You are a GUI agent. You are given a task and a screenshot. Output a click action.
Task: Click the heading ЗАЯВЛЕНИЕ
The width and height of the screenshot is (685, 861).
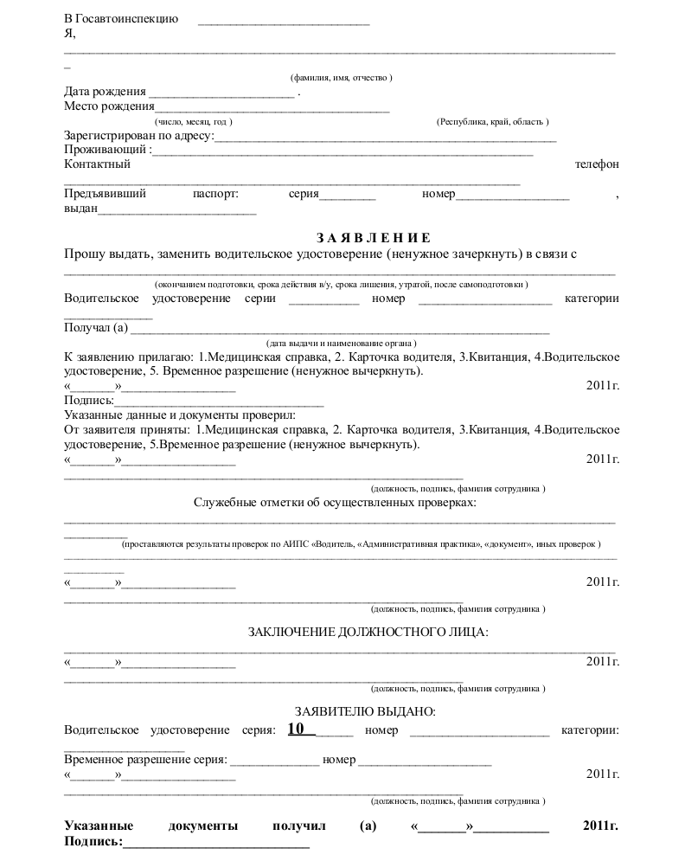coord(373,238)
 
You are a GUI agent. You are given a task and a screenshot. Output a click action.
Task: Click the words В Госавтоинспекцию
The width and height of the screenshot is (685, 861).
coord(121,18)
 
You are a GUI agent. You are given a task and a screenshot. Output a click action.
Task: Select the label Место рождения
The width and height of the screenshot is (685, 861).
coord(109,106)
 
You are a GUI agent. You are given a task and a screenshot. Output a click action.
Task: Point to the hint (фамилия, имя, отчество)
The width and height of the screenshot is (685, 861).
coord(342,78)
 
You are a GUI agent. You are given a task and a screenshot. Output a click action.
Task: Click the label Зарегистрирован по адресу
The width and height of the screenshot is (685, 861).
coord(138,136)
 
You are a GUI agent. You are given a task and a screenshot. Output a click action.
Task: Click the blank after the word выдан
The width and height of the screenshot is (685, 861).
coord(178,209)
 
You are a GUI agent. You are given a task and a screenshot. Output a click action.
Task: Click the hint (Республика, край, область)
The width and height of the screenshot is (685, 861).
coord(492,122)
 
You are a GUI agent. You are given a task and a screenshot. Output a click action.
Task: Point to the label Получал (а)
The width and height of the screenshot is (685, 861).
coord(96,327)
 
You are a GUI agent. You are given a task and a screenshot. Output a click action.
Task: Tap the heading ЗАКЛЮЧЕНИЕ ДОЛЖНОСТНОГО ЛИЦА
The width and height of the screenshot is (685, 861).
coord(368,632)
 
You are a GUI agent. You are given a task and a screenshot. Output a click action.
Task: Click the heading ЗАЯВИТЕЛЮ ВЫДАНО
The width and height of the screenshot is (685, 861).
coord(365,712)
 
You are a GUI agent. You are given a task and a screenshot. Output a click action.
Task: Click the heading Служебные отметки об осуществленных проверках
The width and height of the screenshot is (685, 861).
coord(335,503)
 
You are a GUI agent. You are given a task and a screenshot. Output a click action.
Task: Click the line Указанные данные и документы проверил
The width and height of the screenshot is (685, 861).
coord(180,416)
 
